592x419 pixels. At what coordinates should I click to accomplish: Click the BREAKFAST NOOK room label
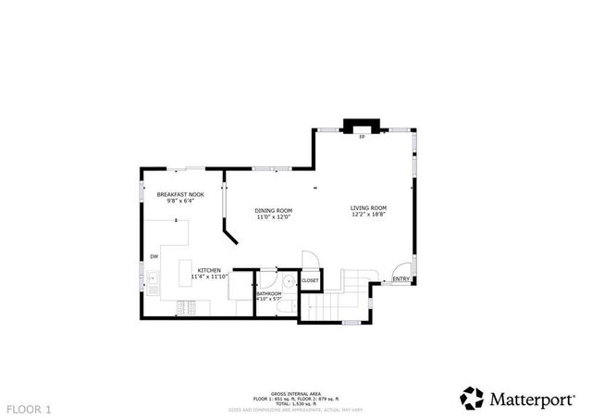pyautogui.click(x=179, y=194)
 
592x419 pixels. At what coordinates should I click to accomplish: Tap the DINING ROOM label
pyautogui.click(x=274, y=210)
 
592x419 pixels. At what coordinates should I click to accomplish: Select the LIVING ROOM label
pyautogui.click(x=367, y=208)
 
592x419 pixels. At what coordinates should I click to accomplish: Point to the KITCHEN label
pyautogui.click(x=208, y=270)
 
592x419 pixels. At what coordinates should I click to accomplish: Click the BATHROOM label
pyautogui.click(x=269, y=294)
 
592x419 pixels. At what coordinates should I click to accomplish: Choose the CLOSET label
pyautogui.click(x=310, y=279)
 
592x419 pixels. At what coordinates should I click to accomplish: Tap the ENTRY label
pyautogui.click(x=401, y=279)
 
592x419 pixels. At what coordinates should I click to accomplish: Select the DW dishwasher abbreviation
pyautogui.click(x=154, y=256)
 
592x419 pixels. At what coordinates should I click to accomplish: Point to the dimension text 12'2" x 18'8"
pyautogui.click(x=367, y=216)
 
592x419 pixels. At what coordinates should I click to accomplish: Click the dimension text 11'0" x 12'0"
pyautogui.click(x=274, y=217)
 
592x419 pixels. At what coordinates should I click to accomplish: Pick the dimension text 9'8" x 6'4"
pyautogui.click(x=179, y=201)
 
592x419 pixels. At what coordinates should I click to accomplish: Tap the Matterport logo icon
pyautogui.click(x=472, y=398)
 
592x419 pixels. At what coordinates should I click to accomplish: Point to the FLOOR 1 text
pyautogui.click(x=31, y=408)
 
